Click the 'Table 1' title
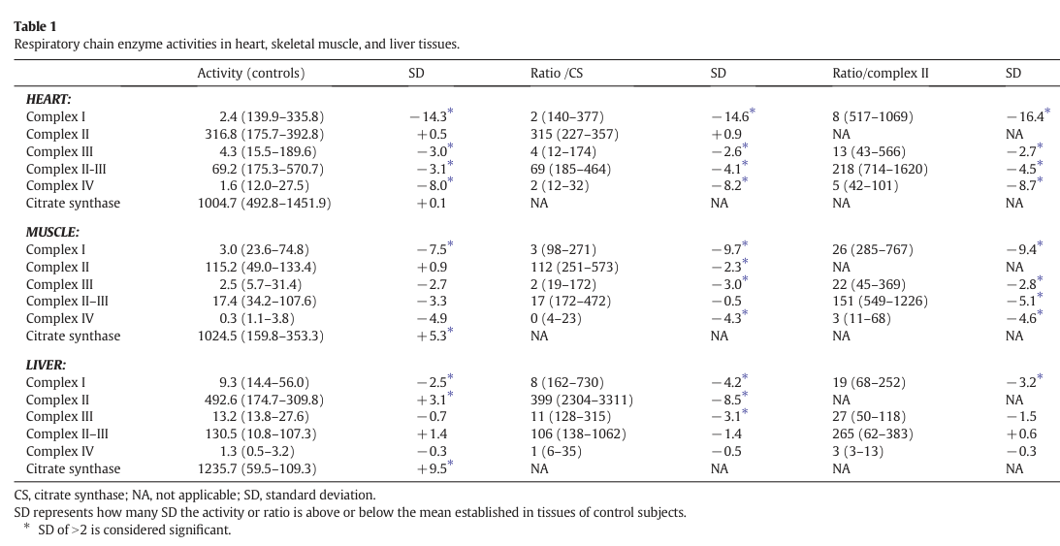click(x=35, y=26)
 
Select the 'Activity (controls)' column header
click(x=251, y=73)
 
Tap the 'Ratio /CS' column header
click(x=557, y=73)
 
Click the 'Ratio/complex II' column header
click(x=881, y=73)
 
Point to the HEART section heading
click(x=48, y=100)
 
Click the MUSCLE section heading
click(x=52, y=233)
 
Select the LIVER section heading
click(x=46, y=365)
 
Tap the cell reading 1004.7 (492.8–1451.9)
click(x=265, y=204)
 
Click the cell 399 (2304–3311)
click(x=582, y=400)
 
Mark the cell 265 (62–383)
click(x=869, y=434)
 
